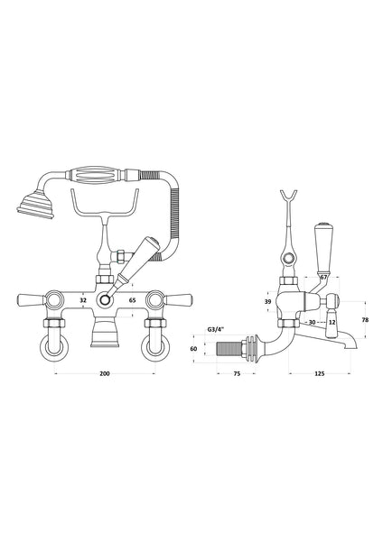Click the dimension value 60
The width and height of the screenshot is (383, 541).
coord(218,347)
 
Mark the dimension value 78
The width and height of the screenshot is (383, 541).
coord(363,320)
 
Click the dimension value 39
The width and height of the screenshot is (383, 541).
coord(268,301)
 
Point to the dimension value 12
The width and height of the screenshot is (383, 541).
coord(332,322)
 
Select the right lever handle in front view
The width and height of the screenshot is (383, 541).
coord(183,299)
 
